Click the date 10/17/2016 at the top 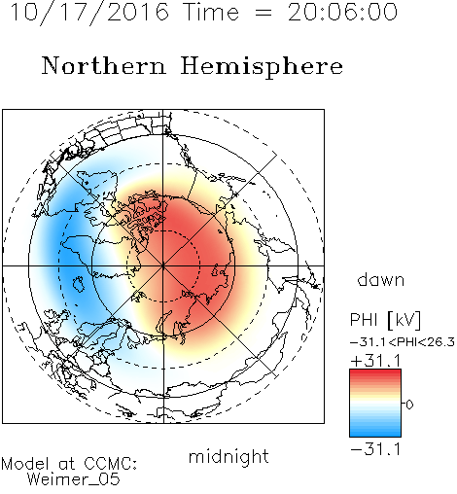pos(89,13)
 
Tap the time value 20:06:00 pos(342,12)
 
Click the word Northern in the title pos(104,65)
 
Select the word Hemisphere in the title pos(262,67)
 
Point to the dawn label pos(380,279)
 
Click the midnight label pos(228,457)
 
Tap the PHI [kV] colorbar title pos(385,320)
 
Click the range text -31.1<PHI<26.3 pos(403,342)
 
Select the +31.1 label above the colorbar pos(375,361)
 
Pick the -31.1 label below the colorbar pos(375,449)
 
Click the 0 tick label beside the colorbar pos(409,405)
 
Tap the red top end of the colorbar pos(375,371)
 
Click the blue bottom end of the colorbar pos(375,434)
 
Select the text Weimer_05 pos(74,479)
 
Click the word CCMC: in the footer pos(110,464)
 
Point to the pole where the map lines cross pos(163,265)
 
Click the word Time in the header pos(211,12)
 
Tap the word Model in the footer pos(25,464)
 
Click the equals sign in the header pos(264,13)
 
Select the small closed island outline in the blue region pos(79,284)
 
